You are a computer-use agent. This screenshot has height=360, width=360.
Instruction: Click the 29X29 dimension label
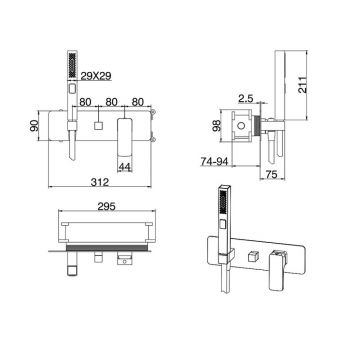click(95, 76)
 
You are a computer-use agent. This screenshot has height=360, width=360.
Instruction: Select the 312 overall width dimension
click(100, 182)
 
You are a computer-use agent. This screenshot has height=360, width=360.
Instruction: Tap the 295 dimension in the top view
click(107, 206)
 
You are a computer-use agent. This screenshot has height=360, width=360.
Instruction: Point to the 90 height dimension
click(34, 125)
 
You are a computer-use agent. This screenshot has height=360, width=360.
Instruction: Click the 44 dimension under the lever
click(124, 167)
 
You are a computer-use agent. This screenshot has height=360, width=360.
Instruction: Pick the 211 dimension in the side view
click(302, 85)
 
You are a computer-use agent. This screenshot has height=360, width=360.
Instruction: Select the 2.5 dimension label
click(247, 99)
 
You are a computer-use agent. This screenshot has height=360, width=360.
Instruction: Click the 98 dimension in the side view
click(217, 125)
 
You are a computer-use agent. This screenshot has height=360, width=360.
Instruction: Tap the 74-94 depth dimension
click(214, 161)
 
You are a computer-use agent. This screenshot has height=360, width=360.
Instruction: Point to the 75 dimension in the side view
click(272, 174)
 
